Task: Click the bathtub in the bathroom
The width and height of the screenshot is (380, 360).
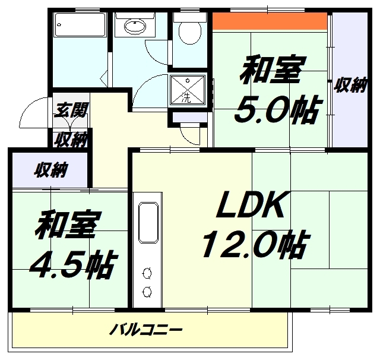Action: tap(80, 26)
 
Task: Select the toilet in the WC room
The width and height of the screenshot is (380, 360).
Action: tap(189, 30)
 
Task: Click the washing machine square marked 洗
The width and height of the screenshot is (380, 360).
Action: tap(188, 91)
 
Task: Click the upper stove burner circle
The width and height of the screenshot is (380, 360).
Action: tap(147, 273)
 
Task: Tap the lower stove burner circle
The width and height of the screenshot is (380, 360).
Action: tap(147, 291)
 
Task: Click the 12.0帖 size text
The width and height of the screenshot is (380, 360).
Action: tap(254, 245)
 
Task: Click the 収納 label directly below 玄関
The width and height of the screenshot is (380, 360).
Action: tap(71, 139)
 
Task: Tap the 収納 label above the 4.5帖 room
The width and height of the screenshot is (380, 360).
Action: tap(49, 170)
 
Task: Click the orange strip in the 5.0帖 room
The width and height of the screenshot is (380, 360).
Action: tap(271, 21)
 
